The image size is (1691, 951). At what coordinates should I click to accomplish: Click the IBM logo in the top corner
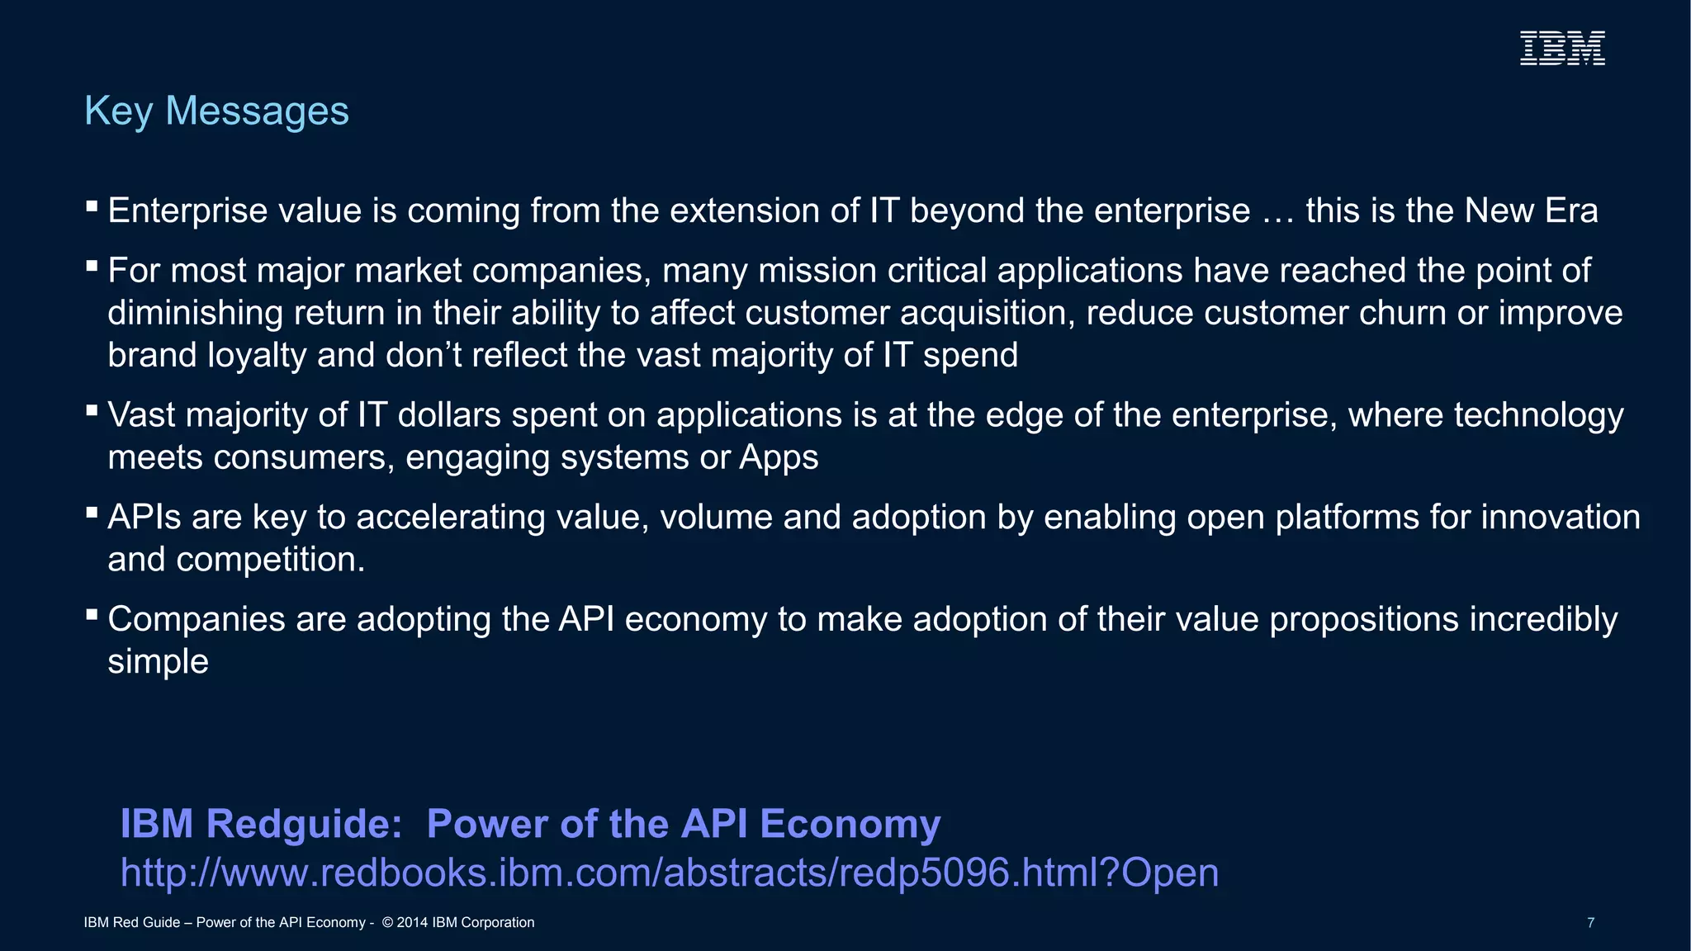(1562, 48)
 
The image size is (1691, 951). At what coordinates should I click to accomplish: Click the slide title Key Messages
(216, 111)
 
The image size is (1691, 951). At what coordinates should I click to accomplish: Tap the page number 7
(1590, 923)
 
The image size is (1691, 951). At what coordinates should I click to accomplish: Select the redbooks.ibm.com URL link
(669, 873)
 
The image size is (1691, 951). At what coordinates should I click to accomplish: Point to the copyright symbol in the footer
(387, 923)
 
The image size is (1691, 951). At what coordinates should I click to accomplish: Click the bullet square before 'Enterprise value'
(92, 206)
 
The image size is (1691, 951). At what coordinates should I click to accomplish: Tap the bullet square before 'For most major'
(92, 266)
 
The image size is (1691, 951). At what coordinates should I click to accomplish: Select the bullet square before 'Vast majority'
(92, 409)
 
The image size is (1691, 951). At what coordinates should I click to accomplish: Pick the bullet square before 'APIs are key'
(92, 512)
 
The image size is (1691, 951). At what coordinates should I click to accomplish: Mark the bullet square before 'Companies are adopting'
(92, 614)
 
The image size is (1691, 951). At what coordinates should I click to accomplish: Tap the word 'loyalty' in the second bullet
(257, 356)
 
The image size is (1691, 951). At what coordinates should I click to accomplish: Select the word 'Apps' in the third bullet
(778, 457)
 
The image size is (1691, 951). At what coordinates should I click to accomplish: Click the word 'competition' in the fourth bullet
(271, 560)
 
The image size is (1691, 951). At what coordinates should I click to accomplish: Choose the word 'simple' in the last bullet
(158, 662)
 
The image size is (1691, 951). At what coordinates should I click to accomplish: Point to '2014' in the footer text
(412, 923)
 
